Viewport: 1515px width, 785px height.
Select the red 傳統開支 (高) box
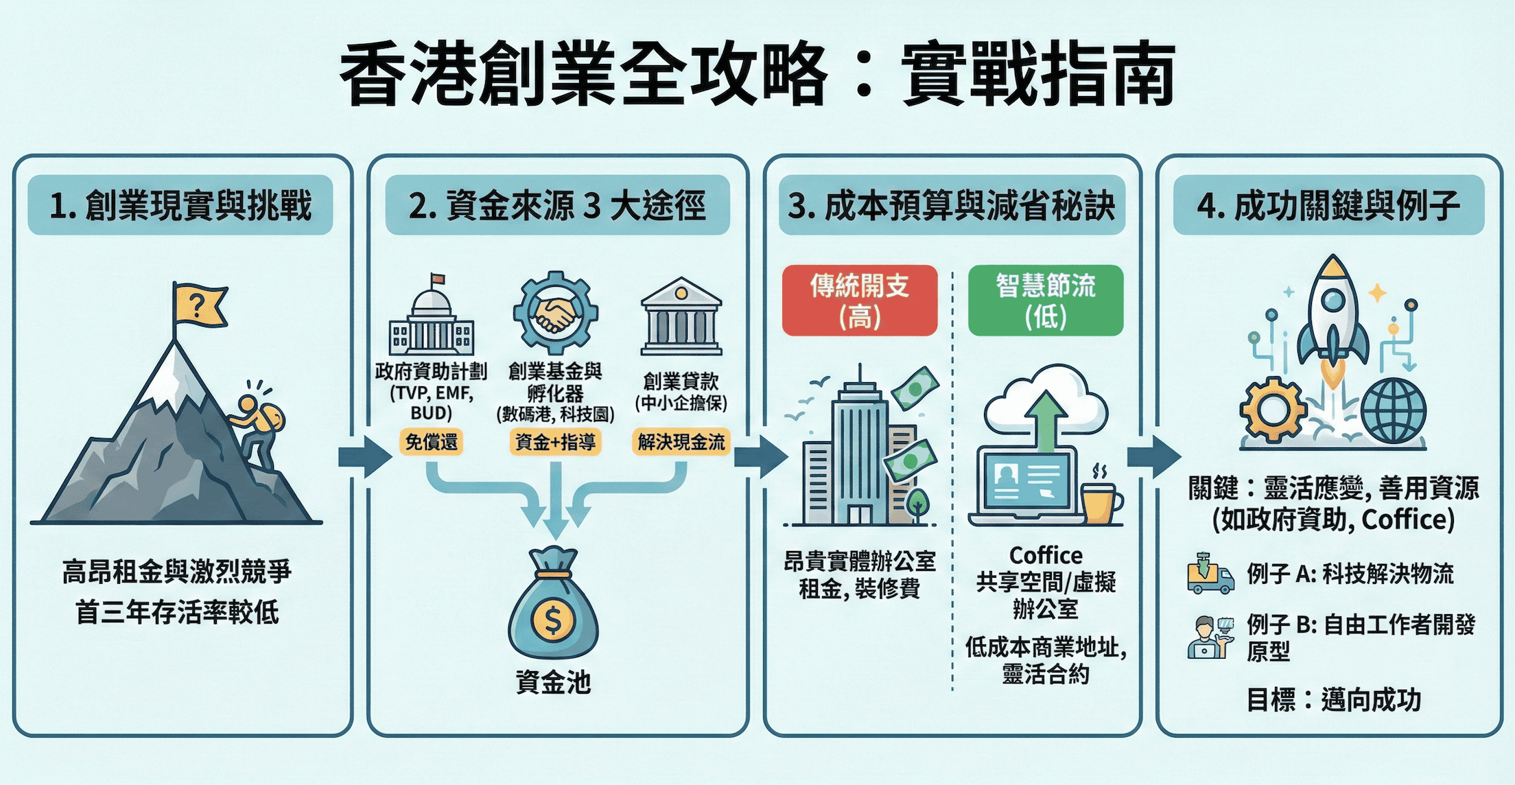[859, 301]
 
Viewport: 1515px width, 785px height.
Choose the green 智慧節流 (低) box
[1045, 301]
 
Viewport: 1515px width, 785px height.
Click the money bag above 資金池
[553, 605]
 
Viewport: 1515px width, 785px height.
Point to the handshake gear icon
[555, 314]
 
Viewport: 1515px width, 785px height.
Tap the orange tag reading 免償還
[431, 442]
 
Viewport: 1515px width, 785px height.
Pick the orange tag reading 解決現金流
[681, 442]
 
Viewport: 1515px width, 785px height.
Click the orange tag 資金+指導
[555, 442]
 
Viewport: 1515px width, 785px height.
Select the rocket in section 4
[1332, 316]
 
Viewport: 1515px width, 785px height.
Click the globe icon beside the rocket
[1394, 411]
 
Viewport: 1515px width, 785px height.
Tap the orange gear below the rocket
[1273, 410]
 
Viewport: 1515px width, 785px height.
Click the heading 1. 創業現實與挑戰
[180, 205]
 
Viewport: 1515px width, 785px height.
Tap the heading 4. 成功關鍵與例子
[1328, 205]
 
